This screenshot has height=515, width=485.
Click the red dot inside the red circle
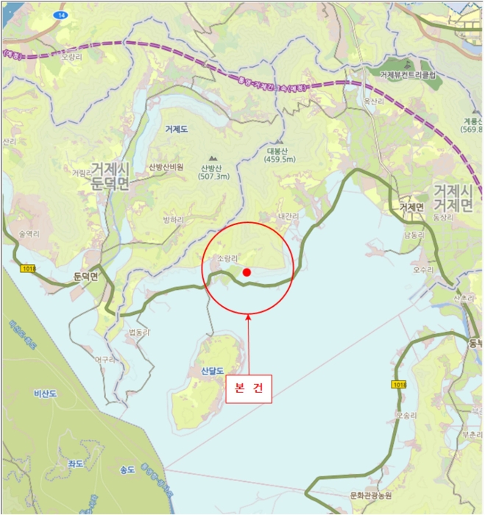[x=247, y=272]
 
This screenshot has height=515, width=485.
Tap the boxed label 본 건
[x=248, y=388]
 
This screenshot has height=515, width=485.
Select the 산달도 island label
[x=206, y=370]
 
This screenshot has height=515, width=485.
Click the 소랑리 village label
[x=230, y=259]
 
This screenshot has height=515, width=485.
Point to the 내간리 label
[x=288, y=216]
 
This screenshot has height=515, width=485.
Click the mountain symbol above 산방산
[x=213, y=157]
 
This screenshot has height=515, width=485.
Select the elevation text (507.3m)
[x=213, y=177]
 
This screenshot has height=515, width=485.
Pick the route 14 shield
[x=59, y=15]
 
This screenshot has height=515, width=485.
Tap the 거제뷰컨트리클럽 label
[x=408, y=74]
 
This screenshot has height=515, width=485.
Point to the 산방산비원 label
[x=166, y=167]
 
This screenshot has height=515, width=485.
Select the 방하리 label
[x=173, y=219]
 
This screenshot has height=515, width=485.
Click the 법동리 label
[x=138, y=333]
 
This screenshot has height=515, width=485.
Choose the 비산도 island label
[x=46, y=394]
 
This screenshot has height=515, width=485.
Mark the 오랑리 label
[x=71, y=56]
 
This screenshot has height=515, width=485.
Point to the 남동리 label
[x=414, y=235]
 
